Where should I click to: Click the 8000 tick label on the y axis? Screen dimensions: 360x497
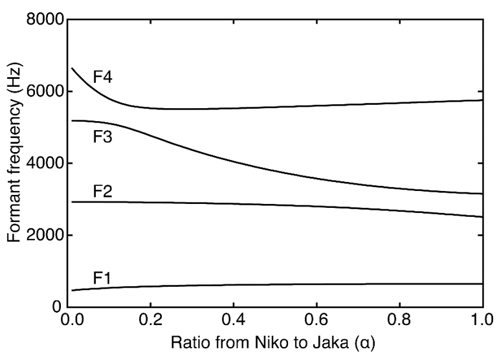46,20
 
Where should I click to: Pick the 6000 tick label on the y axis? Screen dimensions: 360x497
46,92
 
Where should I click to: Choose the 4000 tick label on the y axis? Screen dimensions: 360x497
46,164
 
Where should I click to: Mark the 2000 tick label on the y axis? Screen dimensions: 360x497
46,235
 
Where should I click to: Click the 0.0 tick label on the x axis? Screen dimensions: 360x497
71,320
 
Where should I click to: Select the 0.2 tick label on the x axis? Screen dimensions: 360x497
153,320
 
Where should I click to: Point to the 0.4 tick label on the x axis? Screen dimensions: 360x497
236,320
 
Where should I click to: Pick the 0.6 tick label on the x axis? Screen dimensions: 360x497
318,320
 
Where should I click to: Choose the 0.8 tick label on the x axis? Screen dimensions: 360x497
400,320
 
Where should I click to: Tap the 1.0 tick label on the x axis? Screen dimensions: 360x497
482,320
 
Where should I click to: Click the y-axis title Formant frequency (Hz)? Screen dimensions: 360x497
14,163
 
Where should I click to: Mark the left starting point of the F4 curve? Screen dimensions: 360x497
72,68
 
